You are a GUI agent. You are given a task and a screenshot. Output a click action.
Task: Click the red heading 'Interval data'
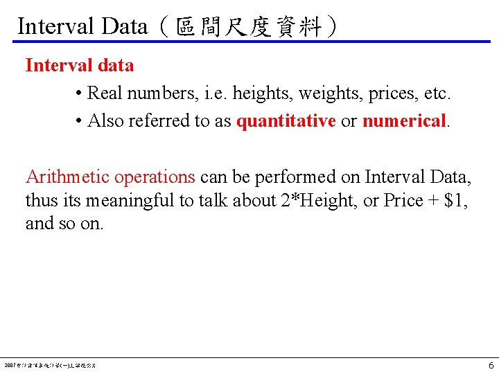pyautogui.click(x=80, y=66)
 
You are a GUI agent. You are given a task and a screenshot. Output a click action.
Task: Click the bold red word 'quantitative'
pyautogui.click(x=286, y=121)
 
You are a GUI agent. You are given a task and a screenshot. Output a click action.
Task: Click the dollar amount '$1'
pyautogui.click(x=454, y=201)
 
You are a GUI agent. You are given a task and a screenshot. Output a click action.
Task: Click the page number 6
pyautogui.click(x=491, y=365)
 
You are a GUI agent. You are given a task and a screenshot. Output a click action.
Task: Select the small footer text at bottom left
pyautogui.click(x=50, y=364)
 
